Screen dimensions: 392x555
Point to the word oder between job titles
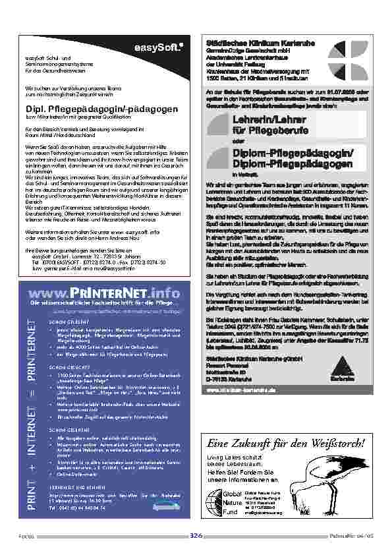(x=237, y=140)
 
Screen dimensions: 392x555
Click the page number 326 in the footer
(x=196, y=536)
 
